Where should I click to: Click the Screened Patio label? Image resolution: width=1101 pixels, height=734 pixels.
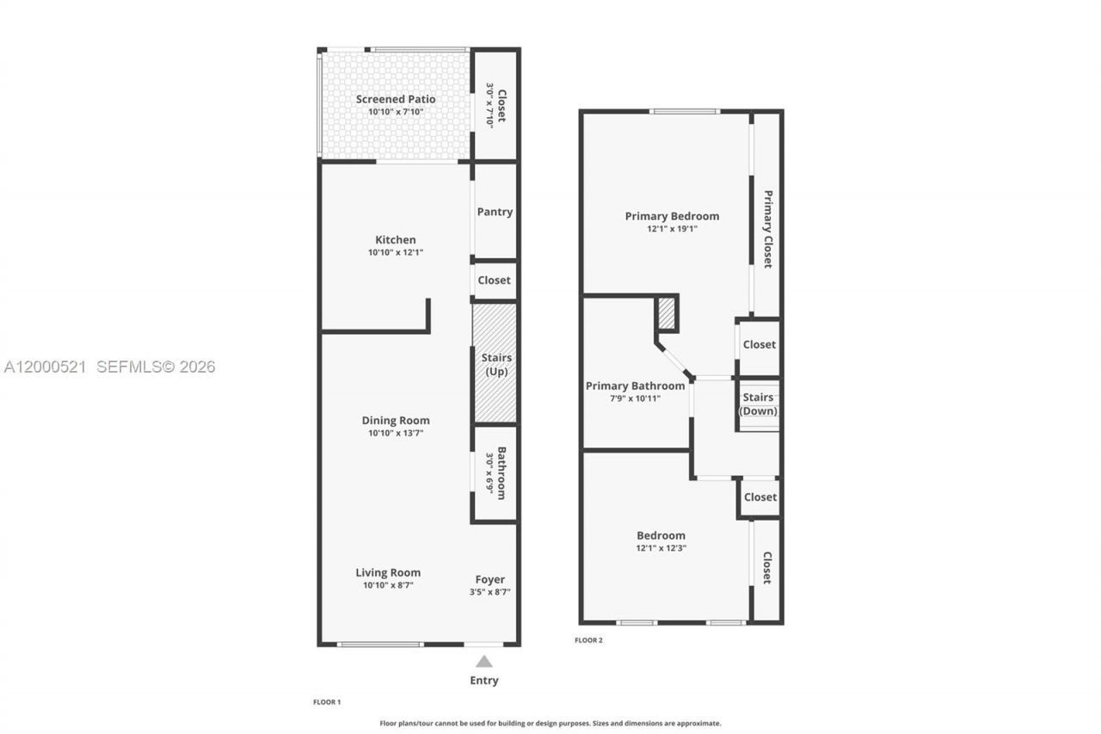point(396,99)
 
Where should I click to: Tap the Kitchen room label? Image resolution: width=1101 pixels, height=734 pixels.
point(396,240)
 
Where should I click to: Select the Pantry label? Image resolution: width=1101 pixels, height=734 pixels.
point(495,212)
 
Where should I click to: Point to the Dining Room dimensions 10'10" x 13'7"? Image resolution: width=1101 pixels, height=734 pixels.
point(396,433)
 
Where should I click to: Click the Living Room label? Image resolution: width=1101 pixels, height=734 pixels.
point(388,572)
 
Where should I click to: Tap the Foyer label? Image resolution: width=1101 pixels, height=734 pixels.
point(490,579)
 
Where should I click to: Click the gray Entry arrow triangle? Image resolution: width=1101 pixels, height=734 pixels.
point(484,662)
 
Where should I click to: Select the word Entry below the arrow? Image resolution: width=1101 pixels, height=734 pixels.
point(484,681)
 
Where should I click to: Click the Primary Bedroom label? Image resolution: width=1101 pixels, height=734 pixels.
point(672,216)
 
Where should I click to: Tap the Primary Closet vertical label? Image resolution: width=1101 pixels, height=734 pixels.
point(767,229)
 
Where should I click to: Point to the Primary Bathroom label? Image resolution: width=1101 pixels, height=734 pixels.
point(635,386)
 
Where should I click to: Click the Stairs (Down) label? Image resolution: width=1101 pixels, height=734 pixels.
point(759,404)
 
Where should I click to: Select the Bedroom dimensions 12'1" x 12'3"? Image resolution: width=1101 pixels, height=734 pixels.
point(661,547)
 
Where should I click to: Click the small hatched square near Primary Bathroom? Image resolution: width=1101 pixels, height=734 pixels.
point(667,313)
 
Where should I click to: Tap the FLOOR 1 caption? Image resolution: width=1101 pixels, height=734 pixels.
point(327,702)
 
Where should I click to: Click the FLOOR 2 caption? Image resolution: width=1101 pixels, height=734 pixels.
point(588,640)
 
